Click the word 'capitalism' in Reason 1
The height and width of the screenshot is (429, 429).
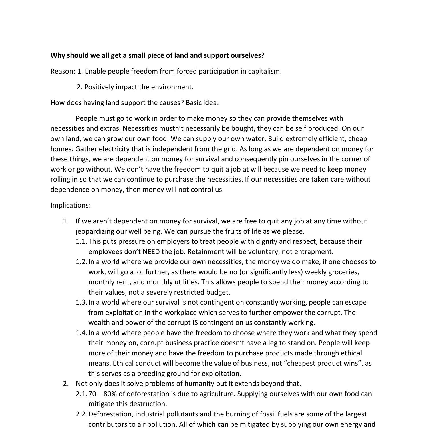264,71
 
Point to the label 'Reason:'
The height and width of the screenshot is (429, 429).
63,71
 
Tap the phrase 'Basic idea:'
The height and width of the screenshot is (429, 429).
202,103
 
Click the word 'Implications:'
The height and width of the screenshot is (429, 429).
70,205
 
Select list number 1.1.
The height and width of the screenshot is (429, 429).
81,241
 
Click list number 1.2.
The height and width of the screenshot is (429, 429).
81,262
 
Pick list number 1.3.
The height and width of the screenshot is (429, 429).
81,302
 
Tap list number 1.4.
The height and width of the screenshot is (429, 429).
81,333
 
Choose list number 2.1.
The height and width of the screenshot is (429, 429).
81,394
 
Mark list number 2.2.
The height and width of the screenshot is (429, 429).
81,414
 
